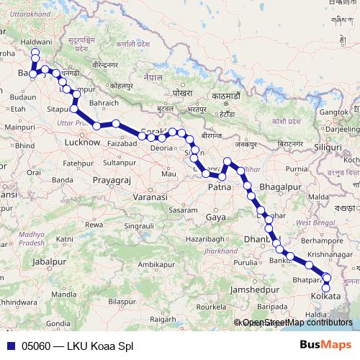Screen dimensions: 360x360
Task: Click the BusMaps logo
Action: point(325,346)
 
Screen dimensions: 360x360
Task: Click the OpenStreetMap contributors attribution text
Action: point(297,323)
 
